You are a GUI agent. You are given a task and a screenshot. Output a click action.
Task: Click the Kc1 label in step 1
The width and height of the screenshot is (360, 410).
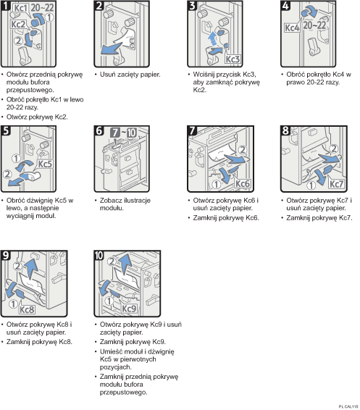[x=20, y=8]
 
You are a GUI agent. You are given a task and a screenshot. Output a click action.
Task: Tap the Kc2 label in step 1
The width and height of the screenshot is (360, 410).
[x=18, y=25]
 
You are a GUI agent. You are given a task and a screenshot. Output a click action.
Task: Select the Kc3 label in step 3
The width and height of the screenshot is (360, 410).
[x=233, y=59]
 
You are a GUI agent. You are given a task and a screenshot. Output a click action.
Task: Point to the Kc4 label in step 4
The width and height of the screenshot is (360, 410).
[x=292, y=28]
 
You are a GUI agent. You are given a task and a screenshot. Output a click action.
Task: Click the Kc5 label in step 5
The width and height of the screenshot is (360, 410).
[x=45, y=164]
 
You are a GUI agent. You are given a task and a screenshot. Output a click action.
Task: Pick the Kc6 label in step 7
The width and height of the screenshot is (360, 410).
[x=243, y=183]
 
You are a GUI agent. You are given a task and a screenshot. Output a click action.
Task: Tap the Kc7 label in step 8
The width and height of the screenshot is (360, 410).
[x=336, y=184]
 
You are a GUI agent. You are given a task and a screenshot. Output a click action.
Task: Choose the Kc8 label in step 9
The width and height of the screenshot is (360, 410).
[x=27, y=309]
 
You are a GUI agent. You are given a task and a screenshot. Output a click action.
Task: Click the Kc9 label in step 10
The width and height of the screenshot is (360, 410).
[x=129, y=309]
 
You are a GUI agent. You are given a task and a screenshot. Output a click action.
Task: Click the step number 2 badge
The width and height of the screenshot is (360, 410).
[x=99, y=6]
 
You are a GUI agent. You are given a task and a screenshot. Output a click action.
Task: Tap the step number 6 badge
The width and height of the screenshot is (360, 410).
[x=99, y=130]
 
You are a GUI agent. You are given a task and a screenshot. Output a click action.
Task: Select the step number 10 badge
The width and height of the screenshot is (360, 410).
[x=99, y=255]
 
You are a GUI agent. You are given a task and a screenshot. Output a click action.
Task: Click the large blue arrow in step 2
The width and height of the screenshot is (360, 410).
[x=111, y=49]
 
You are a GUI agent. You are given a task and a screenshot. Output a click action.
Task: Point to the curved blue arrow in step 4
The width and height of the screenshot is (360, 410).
[x=309, y=12]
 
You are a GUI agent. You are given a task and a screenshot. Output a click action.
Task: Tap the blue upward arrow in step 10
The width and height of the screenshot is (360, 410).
[x=127, y=264]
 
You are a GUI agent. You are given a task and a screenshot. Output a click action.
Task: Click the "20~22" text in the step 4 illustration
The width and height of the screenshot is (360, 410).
[x=314, y=25]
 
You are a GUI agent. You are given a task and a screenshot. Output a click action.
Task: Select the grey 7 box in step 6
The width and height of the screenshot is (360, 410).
[x=115, y=133]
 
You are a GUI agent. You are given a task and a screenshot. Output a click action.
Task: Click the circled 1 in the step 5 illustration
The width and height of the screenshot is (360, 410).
[x=16, y=159]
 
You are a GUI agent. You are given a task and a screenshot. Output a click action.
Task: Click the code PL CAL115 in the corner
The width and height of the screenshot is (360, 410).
[x=348, y=406]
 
